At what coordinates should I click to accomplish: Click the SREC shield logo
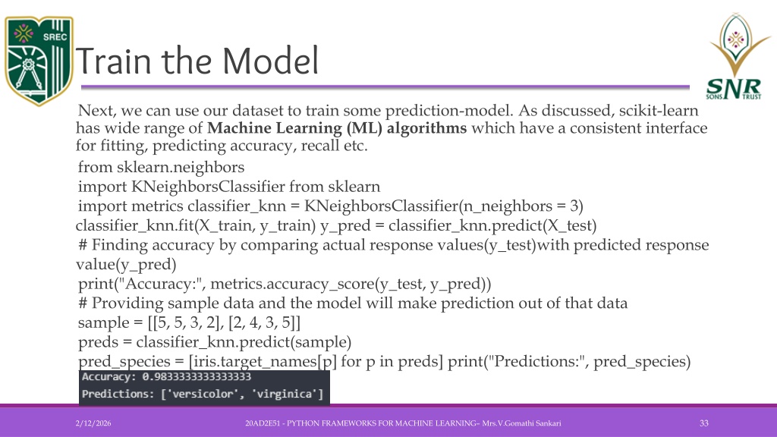(x=39, y=61)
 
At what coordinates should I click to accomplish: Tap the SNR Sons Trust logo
(x=737, y=56)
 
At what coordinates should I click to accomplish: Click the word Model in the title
(x=270, y=61)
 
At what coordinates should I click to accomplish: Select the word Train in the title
(x=113, y=61)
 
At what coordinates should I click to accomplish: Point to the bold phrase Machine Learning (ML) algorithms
(x=337, y=128)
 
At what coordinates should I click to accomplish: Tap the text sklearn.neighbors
(x=181, y=168)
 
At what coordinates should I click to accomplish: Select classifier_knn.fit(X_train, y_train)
(x=196, y=226)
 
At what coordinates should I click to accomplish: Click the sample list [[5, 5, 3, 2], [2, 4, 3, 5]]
(x=224, y=323)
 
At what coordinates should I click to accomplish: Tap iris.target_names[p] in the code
(x=265, y=362)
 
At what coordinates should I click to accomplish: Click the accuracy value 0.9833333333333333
(x=197, y=377)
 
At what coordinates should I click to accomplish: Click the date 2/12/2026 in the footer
(x=93, y=423)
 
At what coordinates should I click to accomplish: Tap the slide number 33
(x=704, y=423)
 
